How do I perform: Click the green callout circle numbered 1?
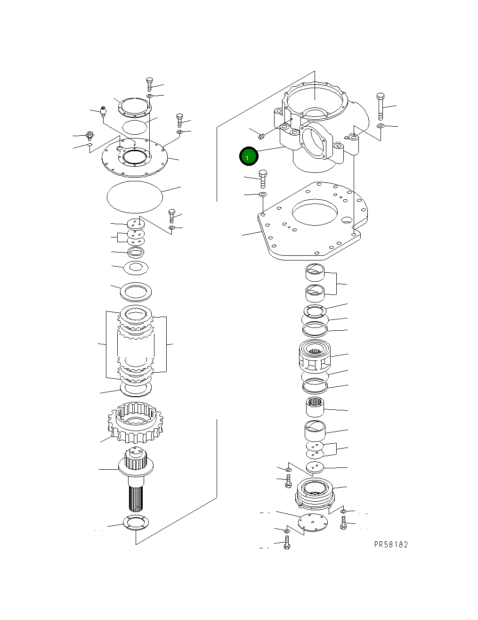click(248, 156)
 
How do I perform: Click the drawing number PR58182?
click(391, 545)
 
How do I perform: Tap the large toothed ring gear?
click(135, 423)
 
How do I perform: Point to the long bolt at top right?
click(381, 107)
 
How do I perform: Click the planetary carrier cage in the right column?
click(315, 358)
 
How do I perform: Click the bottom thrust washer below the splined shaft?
click(136, 522)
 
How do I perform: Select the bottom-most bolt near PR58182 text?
click(287, 545)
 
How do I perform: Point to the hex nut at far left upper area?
click(89, 136)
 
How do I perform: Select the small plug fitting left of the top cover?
click(104, 112)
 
